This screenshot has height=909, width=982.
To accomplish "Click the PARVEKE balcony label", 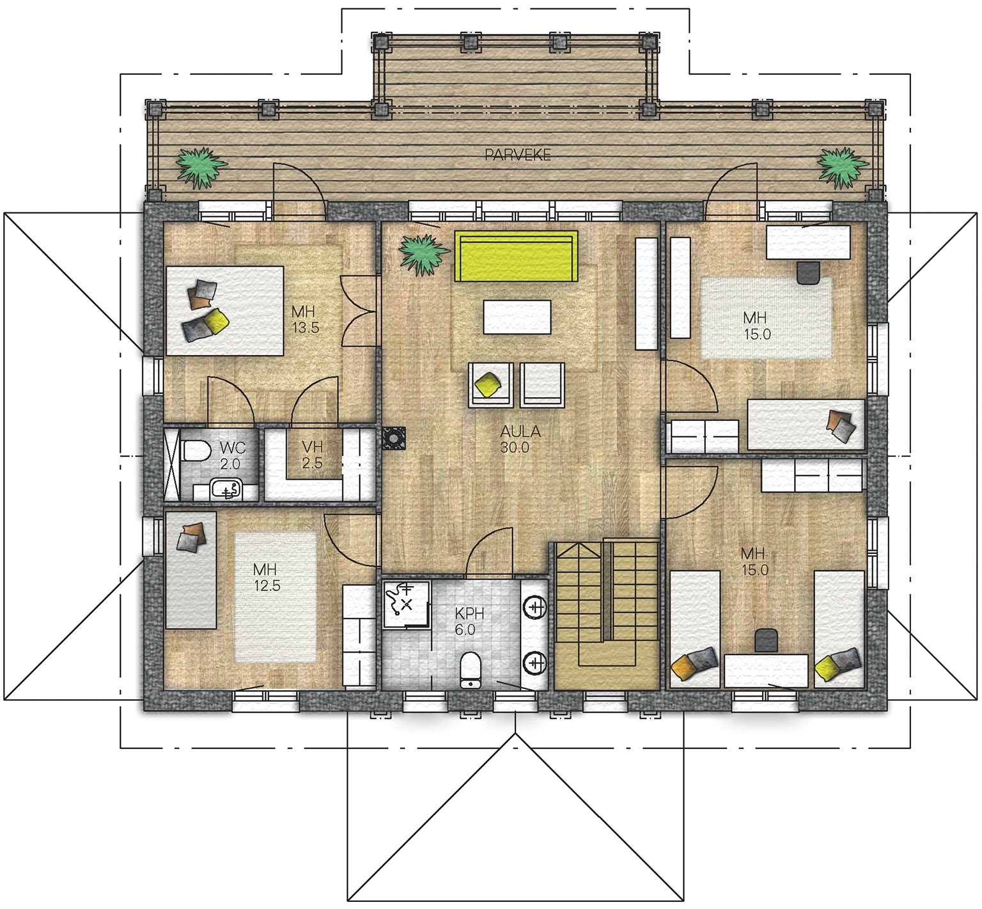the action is [x=518, y=155].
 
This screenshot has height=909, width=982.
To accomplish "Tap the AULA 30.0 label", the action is [x=520, y=439].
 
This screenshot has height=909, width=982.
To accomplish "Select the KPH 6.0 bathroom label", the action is [x=469, y=621].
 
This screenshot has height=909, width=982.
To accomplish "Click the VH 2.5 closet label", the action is [x=312, y=454].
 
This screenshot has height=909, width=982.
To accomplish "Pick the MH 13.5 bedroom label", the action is [x=304, y=320].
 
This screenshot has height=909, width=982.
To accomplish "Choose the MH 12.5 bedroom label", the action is [x=266, y=577].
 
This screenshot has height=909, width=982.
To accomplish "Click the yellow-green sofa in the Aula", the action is [x=516, y=256].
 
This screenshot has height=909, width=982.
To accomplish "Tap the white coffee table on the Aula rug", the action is [x=517, y=317].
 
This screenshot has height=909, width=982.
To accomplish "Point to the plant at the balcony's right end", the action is [x=843, y=168].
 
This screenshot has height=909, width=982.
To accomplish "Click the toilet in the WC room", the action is [x=196, y=451].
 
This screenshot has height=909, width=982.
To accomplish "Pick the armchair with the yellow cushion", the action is [x=490, y=384].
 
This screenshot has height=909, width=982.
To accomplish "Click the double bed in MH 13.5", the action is [x=225, y=311].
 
